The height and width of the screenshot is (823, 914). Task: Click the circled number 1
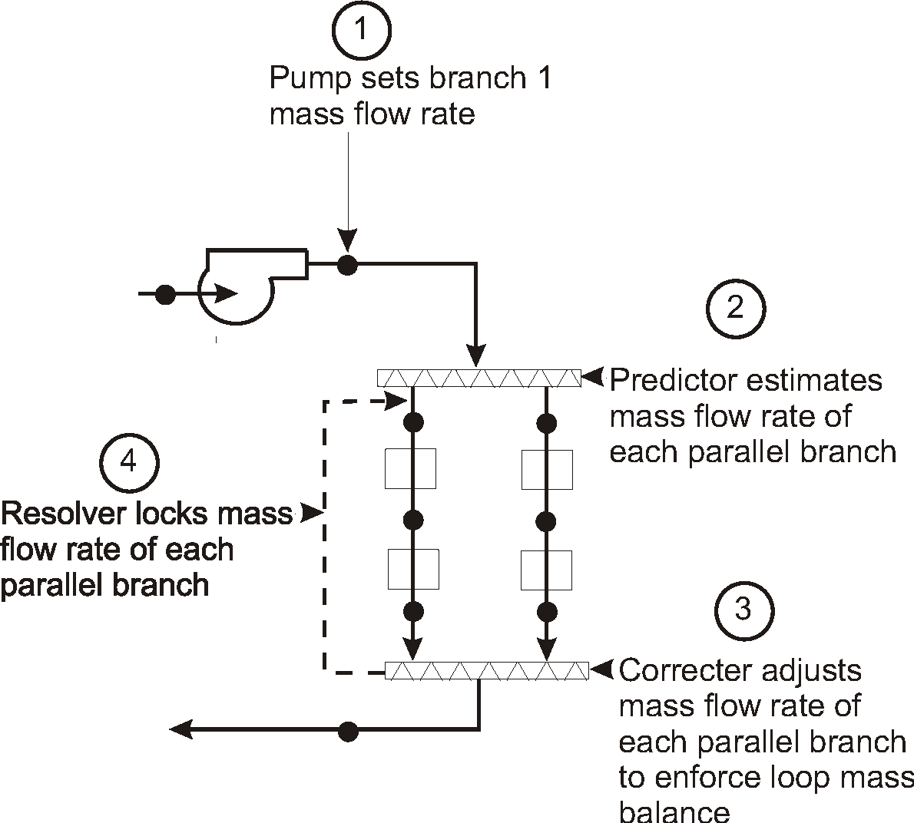(361, 31)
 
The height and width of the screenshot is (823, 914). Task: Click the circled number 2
(735, 308)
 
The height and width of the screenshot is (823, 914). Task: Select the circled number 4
(129, 463)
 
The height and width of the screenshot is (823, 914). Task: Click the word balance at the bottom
(674, 811)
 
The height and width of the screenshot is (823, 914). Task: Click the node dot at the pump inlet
(164, 293)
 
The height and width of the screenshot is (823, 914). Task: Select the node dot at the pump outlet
(348, 265)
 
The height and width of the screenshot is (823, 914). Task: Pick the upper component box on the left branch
(410, 468)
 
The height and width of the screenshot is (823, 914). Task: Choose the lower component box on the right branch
(546, 570)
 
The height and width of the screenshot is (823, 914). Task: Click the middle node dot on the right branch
(546, 522)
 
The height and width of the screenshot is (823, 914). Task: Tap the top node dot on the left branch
(413, 421)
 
